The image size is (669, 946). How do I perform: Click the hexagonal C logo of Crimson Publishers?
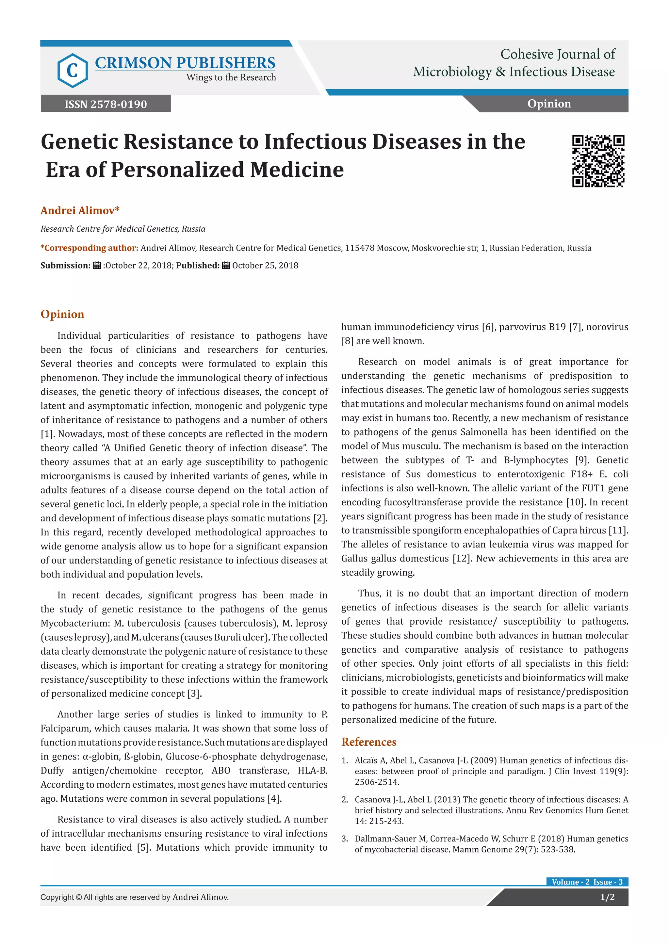click(x=73, y=71)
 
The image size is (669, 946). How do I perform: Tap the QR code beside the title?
click(x=598, y=161)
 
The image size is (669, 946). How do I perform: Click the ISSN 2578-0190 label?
click(x=106, y=104)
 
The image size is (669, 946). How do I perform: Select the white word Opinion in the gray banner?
click(x=549, y=104)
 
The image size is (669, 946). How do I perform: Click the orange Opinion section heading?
click(x=62, y=314)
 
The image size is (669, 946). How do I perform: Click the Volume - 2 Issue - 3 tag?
click(x=587, y=882)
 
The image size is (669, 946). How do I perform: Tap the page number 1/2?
click(x=607, y=897)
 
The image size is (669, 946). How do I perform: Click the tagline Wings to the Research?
click(x=231, y=77)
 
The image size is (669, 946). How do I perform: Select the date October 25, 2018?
click(x=265, y=266)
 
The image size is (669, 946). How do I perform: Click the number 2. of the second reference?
click(x=345, y=799)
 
